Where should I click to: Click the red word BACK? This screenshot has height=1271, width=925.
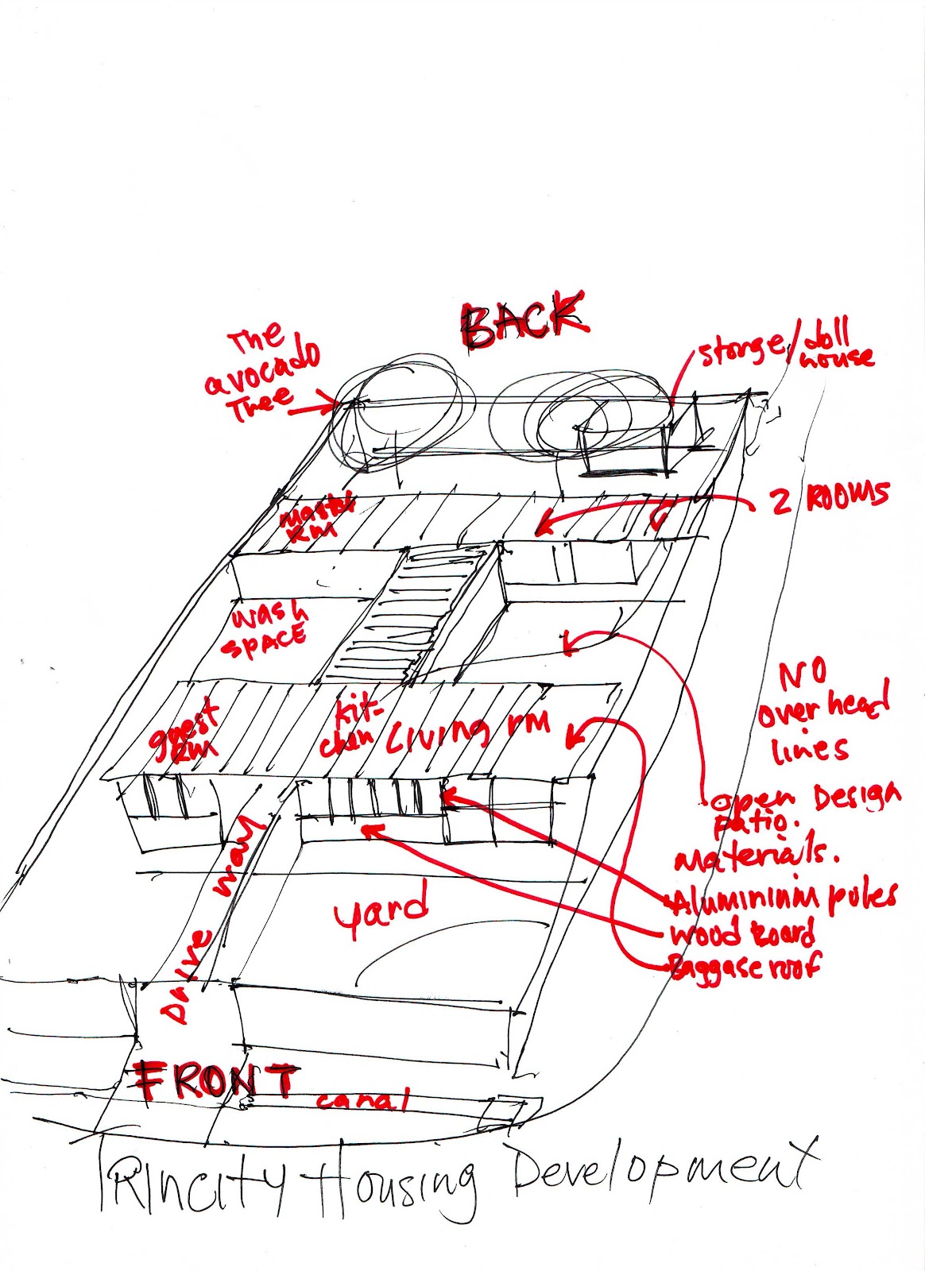click(x=524, y=319)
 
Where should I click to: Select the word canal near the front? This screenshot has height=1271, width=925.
click(x=362, y=1100)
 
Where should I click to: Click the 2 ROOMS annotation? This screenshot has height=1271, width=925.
click(x=826, y=499)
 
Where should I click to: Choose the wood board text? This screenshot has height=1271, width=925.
click(x=742, y=933)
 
